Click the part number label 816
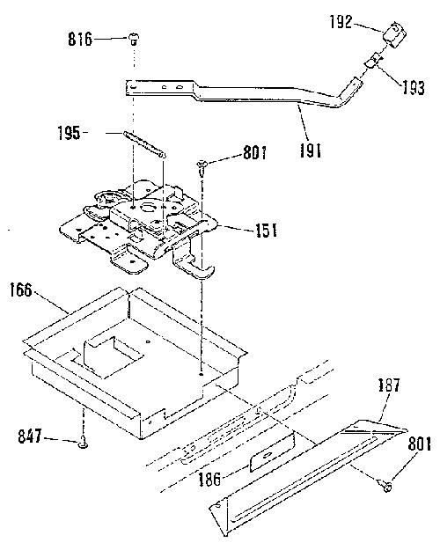(x=80, y=39)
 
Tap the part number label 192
(x=341, y=22)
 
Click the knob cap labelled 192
(x=395, y=35)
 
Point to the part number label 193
(x=414, y=88)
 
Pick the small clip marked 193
(x=372, y=61)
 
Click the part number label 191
(x=311, y=150)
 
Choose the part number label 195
(x=70, y=133)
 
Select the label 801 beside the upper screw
(x=255, y=153)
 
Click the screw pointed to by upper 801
(x=202, y=168)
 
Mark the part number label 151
(x=266, y=231)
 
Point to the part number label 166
(x=21, y=290)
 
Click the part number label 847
(x=30, y=437)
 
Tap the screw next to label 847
(x=83, y=443)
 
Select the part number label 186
(x=209, y=479)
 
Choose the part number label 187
(x=390, y=385)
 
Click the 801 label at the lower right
(x=419, y=444)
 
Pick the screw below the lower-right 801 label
(x=386, y=486)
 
